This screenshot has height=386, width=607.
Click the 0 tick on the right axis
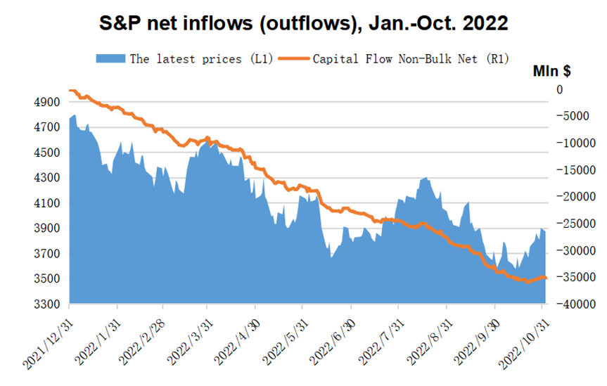tap(560, 90)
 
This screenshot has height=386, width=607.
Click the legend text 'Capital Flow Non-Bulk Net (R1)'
tap(411, 58)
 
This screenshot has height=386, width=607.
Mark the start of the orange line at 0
tap(70, 90)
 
